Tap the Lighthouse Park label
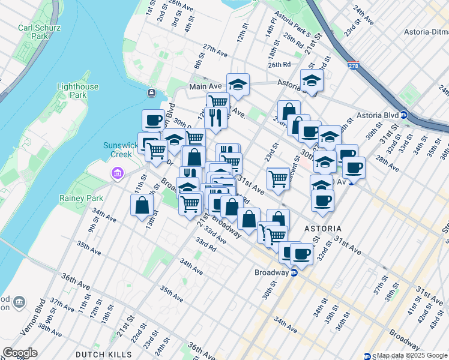(x=77, y=91)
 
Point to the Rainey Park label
(x=78, y=197)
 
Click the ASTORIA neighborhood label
(x=323, y=229)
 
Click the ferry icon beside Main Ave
(x=151, y=93)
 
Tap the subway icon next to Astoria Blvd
(x=404, y=115)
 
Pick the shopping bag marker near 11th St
(x=141, y=205)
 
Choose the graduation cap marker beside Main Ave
(x=238, y=85)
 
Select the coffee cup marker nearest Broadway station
(x=301, y=254)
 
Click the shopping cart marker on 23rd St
(x=277, y=178)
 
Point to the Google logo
(x=20, y=353)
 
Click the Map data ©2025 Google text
(x=412, y=356)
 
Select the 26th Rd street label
(x=279, y=65)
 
